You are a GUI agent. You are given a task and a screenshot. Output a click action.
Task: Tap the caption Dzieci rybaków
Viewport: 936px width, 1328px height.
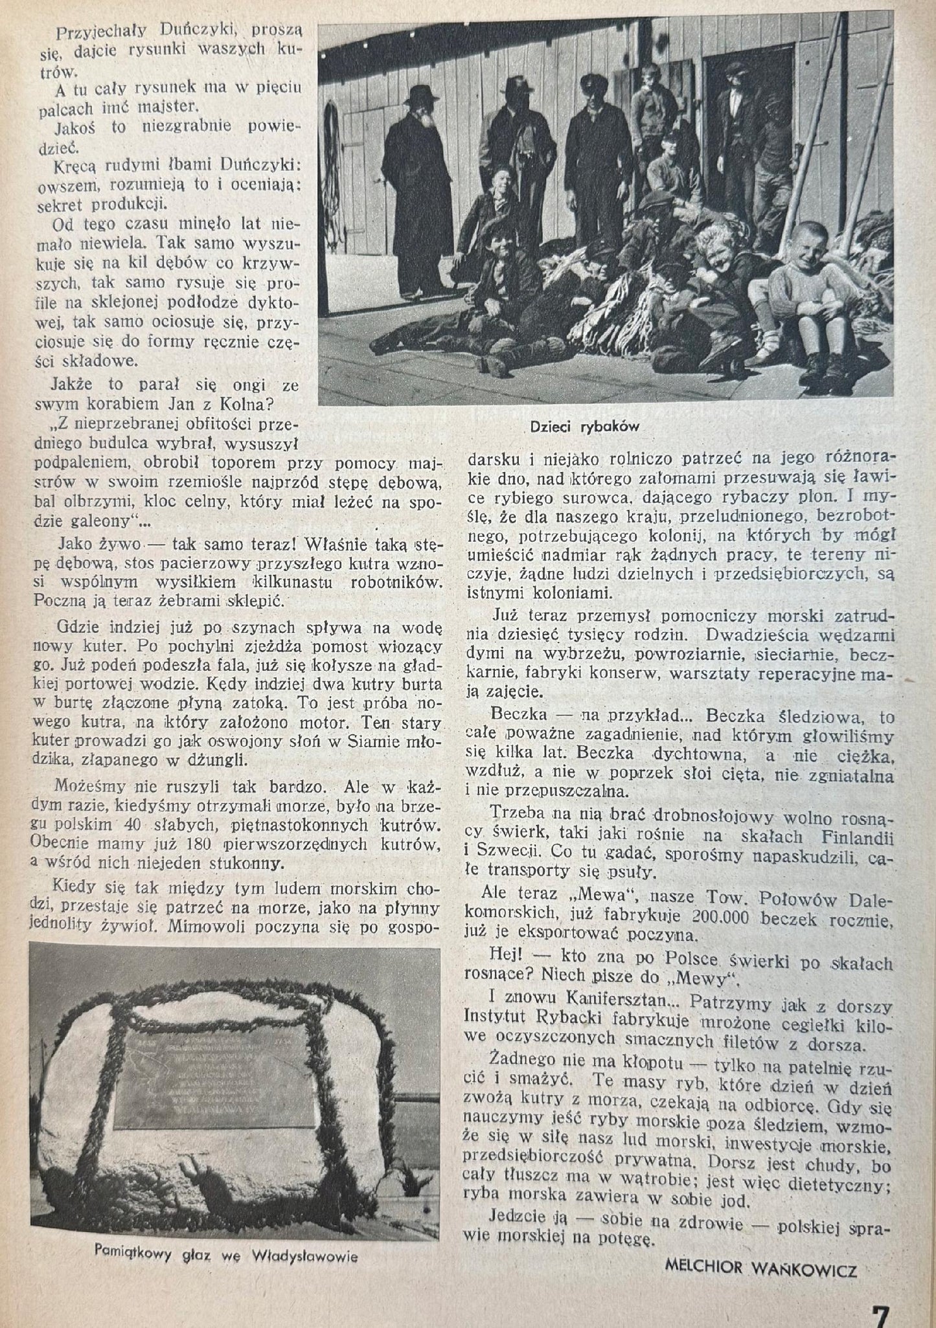pos(584,427)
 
